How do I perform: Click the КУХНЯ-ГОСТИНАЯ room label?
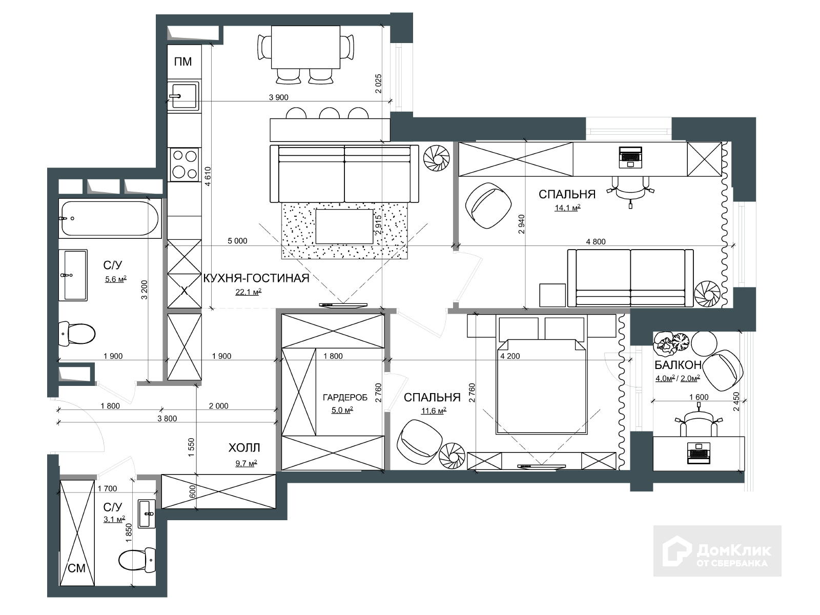256,278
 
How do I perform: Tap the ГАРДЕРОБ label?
345,398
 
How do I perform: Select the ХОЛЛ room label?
244,447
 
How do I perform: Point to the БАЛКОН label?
678,365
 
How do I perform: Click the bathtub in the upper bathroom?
110,218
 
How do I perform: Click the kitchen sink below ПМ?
183,96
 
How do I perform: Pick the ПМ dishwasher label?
182,61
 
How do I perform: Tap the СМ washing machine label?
76,568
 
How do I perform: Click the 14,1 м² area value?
567,208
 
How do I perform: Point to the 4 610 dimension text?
208,176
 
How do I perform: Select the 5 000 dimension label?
238,241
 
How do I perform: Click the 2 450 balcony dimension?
736,401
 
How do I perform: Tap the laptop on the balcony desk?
699,453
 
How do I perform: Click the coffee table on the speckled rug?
344,227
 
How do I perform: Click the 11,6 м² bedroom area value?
434,411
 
